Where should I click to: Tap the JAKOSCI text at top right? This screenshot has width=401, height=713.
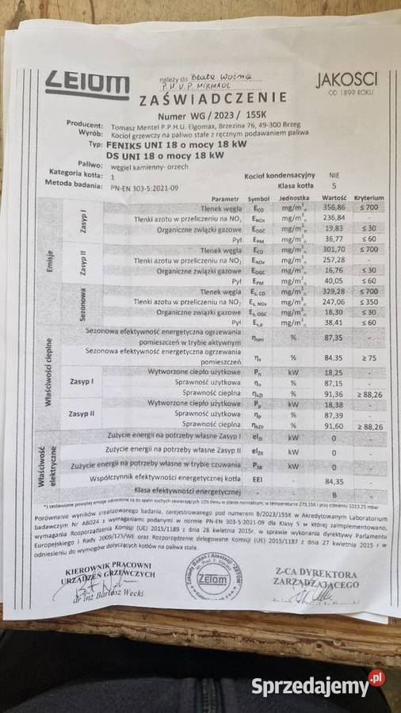346,79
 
